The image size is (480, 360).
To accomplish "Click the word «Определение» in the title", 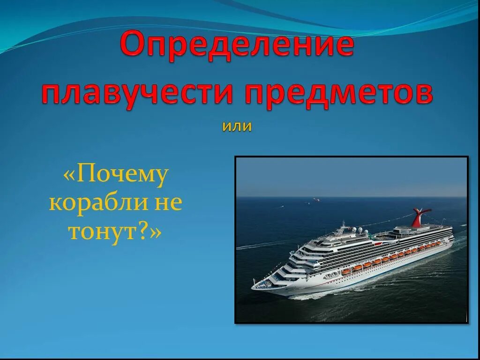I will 237,46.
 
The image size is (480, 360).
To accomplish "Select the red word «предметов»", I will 338,94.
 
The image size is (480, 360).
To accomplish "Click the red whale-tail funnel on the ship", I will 420,217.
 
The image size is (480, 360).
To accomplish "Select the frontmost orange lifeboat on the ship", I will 345,271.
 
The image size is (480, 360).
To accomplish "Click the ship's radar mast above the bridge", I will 343,227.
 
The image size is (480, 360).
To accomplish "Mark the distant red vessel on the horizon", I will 316,200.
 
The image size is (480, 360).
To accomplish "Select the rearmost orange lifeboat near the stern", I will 438,243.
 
